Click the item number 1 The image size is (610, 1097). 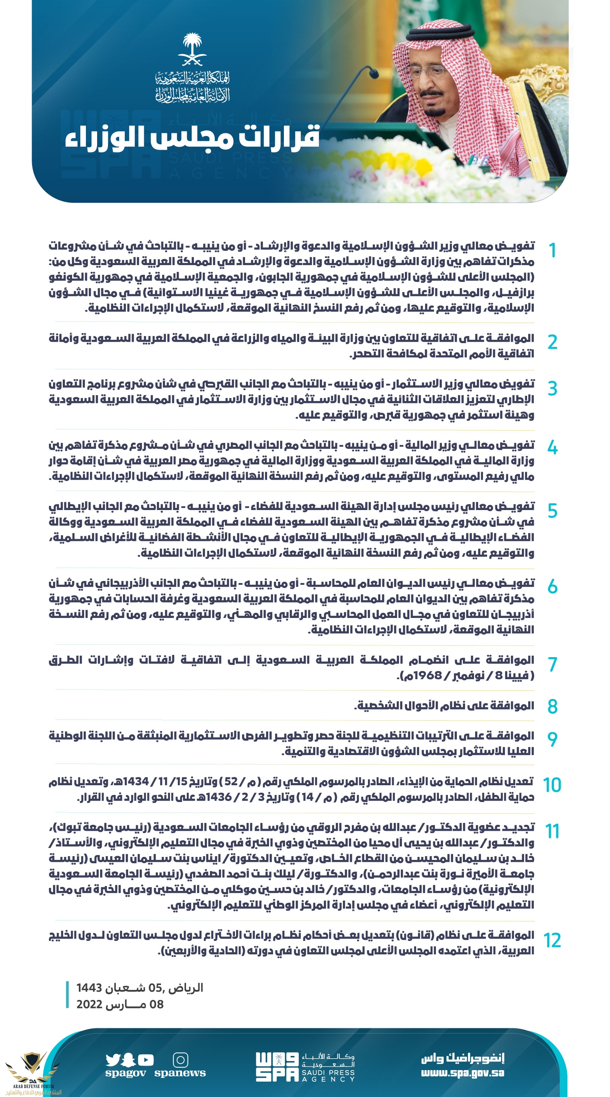click(552, 251)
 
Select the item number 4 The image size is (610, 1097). click(552, 448)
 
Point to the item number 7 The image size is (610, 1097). click(552, 664)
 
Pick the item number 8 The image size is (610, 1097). click(552, 706)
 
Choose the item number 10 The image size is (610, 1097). click(552, 785)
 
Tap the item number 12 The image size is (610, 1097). click(552, 940)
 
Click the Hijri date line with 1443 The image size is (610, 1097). click(140, 988)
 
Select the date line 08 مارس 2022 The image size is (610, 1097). click(120, 1005)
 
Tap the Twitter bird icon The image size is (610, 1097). click(113, 1060)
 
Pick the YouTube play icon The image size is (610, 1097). click(146, 1060)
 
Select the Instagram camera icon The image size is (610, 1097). click(180, 1060)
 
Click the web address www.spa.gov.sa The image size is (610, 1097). click(462, 1073)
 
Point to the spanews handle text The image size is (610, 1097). click(180, 1073)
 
